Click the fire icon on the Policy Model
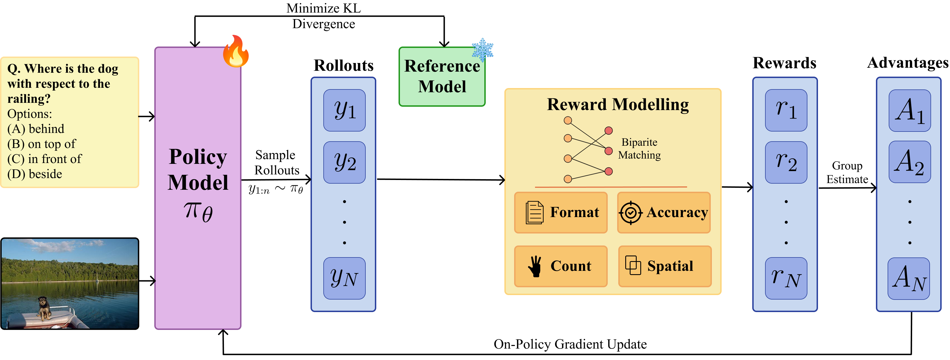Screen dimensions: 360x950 [x=236, y=52]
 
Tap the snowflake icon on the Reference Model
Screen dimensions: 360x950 [x=482, y=50]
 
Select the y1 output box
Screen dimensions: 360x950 [x=345, y=110]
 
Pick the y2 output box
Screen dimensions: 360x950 [x=345, y=162]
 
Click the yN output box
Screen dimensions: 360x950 [x=345, y=278]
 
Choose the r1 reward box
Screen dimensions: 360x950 [x=786, y=110]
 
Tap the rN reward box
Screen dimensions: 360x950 [x=786, y=278]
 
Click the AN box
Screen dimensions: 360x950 [x=909, y=278]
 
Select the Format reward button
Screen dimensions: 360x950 [x=561, y=212]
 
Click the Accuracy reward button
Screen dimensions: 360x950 [x=664, y=212]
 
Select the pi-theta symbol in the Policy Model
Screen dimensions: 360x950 [x=198, y=212]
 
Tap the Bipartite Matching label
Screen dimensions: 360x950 [x=639, y=149]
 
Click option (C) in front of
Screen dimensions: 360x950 [x=44, y=159]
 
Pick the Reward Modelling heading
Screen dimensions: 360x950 [x=618, y=104]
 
